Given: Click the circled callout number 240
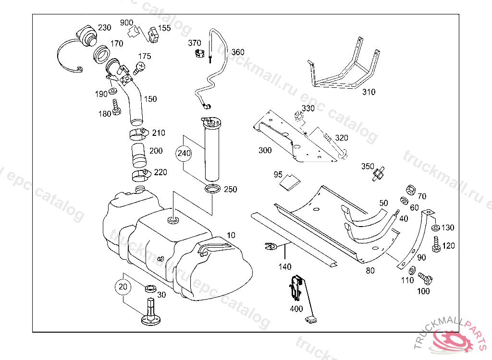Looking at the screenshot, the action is tap(184, 153).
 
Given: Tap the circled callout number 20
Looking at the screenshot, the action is tap(123, 287).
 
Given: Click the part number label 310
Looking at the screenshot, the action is tap(369, 92).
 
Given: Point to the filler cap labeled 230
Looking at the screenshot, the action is tap(86, 37).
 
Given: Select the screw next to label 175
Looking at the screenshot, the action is tap(139, 68).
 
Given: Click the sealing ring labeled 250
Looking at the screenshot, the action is tap(212, 189).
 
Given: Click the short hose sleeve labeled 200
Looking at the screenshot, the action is tap(139, 156).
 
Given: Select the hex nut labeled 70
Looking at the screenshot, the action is tap(410, 190).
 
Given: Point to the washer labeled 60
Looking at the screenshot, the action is tap(404, 200).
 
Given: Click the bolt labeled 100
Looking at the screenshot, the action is tap(425, 278).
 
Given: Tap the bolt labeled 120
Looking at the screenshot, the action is tap(435, 244).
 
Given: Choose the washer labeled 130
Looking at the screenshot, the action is tap(435, 228).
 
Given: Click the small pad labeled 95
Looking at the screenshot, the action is tap(290, 182).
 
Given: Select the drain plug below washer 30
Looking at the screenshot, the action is tap(151, 312).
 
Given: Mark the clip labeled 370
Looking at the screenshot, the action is tap(198, 54).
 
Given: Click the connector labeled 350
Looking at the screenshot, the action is tap(379, 174).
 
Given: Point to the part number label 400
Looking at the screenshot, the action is tap(296, 309).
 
